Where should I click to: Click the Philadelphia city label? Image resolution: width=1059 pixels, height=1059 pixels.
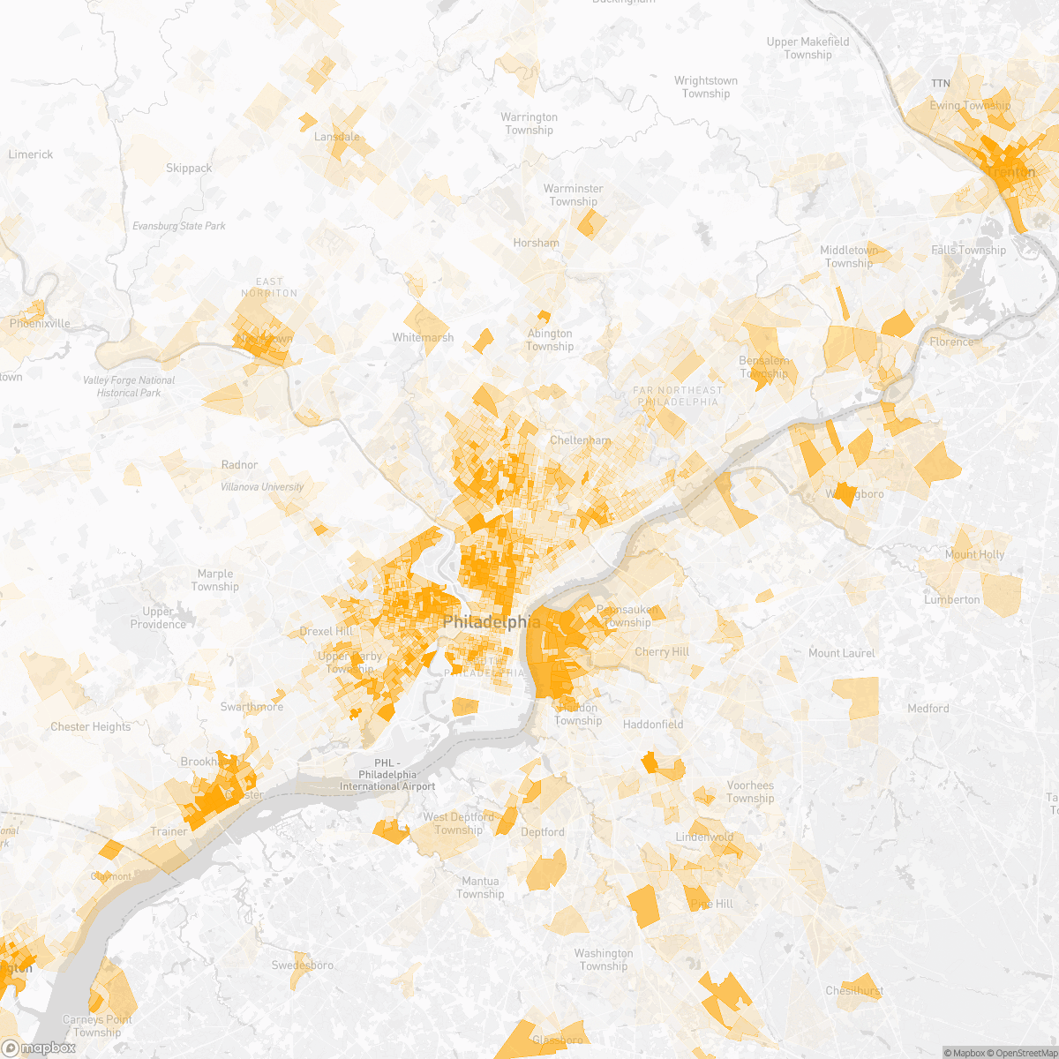[491, 622]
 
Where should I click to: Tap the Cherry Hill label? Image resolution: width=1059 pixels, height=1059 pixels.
[662, 652]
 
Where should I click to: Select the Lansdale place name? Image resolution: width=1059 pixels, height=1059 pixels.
[337, 137]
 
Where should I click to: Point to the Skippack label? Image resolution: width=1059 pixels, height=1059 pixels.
[189, 168]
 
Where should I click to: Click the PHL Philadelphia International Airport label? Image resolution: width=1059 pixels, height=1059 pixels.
[387, 775]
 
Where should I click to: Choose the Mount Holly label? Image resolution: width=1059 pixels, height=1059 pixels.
[974, 554]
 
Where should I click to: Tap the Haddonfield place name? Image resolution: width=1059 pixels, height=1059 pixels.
[653, 725]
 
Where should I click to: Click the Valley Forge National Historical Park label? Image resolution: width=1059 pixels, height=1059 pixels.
[129, 387]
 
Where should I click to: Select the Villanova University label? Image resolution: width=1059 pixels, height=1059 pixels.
[262, 487]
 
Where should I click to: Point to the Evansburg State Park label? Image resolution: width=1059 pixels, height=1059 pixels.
[179, 226]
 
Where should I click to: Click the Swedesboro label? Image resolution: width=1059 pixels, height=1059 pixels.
[302, 965]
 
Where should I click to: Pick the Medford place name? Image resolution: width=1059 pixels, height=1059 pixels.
[928, 709]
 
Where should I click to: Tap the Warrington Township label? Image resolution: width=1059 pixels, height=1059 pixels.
[529, 124]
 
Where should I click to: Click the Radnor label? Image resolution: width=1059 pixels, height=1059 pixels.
[239, 465]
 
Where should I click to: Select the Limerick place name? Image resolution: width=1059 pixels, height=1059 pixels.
[31, 154]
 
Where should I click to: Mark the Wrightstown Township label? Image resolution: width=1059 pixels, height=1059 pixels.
[706, 87]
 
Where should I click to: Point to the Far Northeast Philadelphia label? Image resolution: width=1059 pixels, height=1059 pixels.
[677, 395]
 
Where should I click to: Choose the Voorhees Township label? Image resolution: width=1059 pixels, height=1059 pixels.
[750, 792]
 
